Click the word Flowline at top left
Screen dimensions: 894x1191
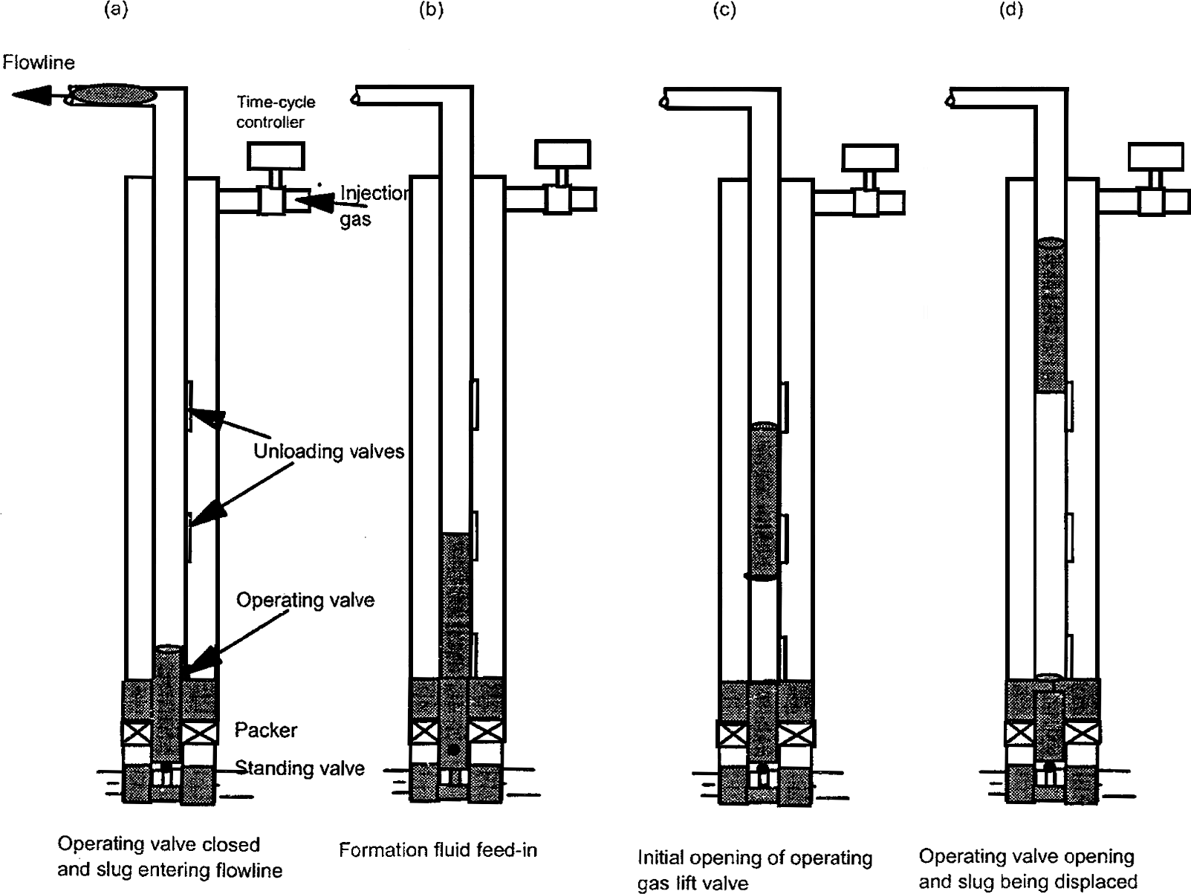[39, 62]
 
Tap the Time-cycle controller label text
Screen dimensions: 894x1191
[275, 112]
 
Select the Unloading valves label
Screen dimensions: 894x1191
[328, 452]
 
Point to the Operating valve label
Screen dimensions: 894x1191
[305, 600]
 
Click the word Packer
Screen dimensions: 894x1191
[265, 730]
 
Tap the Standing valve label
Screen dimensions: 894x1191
[299, 768]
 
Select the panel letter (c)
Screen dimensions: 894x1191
[724, 11]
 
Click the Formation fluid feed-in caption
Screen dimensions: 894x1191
[438, 850]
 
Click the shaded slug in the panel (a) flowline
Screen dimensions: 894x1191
[114, 94]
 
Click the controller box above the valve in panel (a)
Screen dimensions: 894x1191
[276, 155]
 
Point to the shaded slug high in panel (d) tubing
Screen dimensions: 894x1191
[1050, 314]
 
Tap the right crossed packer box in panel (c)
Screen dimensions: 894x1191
[796, 734]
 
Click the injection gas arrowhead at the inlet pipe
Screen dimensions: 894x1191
[313, 201]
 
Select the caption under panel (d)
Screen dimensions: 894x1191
[1028, 869]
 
